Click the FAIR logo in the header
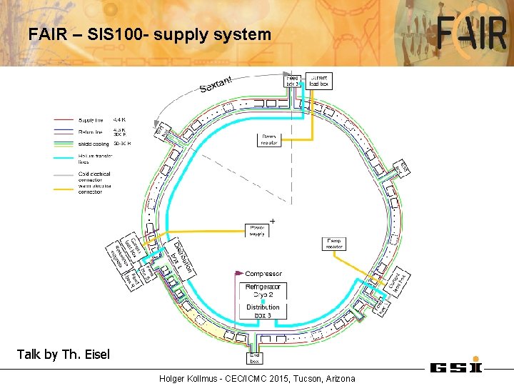tap(473, 34)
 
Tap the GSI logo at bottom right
tap(456, 367)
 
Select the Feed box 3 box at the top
tap(293, 81)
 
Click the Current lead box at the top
tap(318, 80)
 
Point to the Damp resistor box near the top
tap(269, 139)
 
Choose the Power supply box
tap(257, 231)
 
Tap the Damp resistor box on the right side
tap(334, 243)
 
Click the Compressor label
tap(263, 274)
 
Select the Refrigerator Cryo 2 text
tap(263, 290)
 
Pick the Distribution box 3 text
tap(263, 311)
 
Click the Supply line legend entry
tap(91, 119)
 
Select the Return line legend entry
tap(90, 132)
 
